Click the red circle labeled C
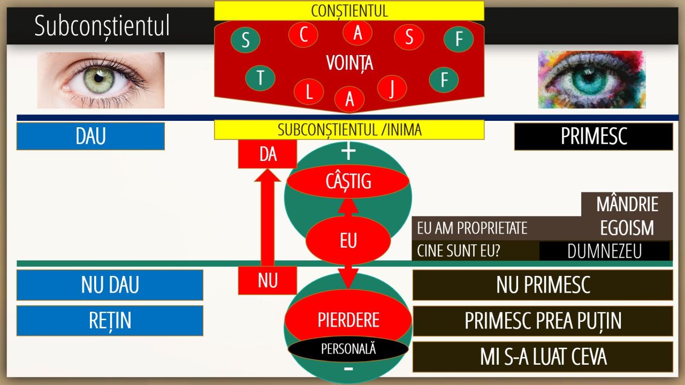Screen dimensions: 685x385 (x=303, y=34)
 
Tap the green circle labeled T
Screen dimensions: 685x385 (x=260, y=78)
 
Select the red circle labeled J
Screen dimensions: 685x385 (x=392, y=88)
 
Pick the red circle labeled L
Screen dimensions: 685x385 (x=309, y=91)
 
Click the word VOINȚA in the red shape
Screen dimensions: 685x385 (x=349, y=63)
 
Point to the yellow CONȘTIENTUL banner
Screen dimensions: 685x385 (x=349, y=11)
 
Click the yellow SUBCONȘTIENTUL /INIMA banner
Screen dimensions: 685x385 (x=349, y=129)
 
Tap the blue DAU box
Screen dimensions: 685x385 (x=90, y=136)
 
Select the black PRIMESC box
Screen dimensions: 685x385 (x=593, y=136)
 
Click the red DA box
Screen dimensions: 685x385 (x=268, y=154)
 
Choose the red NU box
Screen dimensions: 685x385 (x=268, y=281)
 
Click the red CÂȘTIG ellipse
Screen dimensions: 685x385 (x=348, y=181)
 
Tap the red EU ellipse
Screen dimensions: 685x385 (x=348, y=241)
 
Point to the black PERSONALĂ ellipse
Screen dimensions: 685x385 (x=348, y=349)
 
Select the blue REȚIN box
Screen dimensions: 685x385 (x=110, y=321)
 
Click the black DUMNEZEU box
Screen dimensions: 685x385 (x=605, y=251)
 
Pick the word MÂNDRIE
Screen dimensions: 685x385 (x=627, y=204)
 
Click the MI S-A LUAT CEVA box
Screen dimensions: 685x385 (x=543, y=357)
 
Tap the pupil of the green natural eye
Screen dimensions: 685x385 (x=98, y=78)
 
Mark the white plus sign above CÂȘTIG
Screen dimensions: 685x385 (x=348, y=151)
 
